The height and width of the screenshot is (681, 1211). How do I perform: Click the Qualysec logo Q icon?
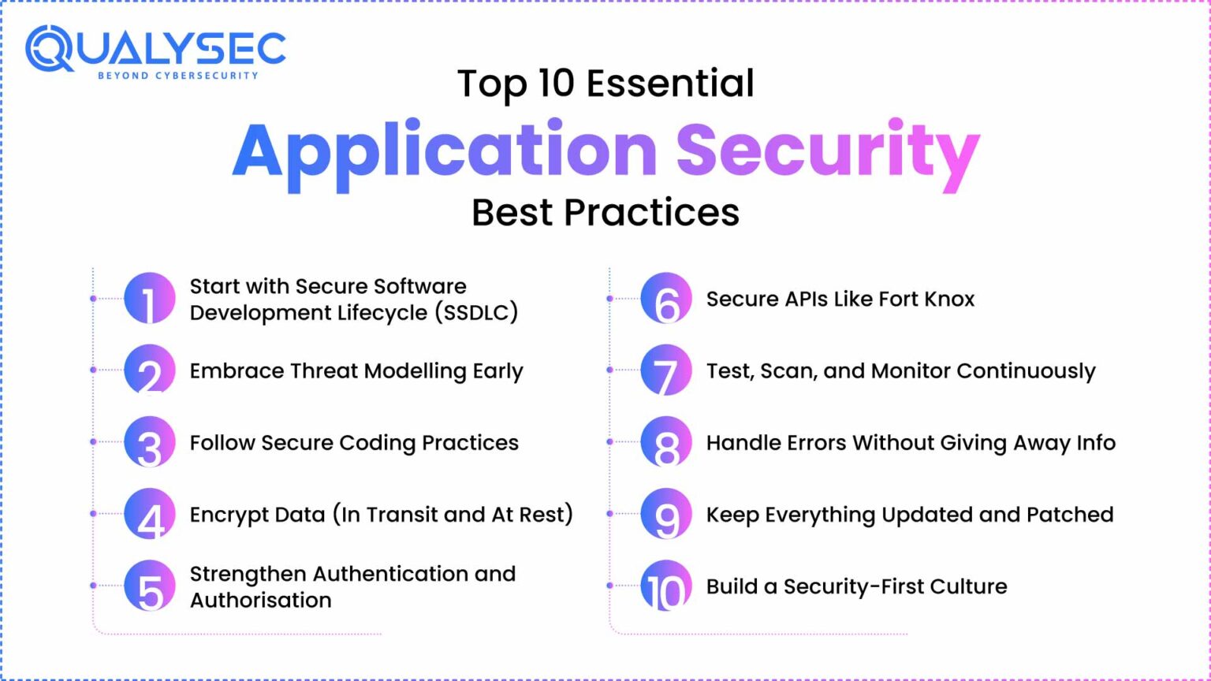(49, 48)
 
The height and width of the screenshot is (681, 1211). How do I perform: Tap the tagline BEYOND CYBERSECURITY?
(177, 76)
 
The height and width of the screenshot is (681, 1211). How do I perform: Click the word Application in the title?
(445, 151)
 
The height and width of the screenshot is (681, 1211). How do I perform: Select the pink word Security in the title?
(827, 151)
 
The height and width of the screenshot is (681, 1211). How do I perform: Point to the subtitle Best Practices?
(605, 213)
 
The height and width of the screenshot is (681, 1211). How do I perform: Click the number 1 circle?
(150, 299)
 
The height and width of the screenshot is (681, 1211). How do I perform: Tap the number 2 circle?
(150, 370)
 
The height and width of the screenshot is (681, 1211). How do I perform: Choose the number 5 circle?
(150, 586)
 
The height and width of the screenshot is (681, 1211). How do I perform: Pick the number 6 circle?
(666, 299)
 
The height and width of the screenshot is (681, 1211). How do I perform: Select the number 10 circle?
(666, 586)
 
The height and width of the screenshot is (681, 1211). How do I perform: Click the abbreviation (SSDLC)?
(476, 313)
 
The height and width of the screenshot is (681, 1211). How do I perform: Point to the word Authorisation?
(260, 601)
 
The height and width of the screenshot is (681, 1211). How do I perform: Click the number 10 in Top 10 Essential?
(556, 84)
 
